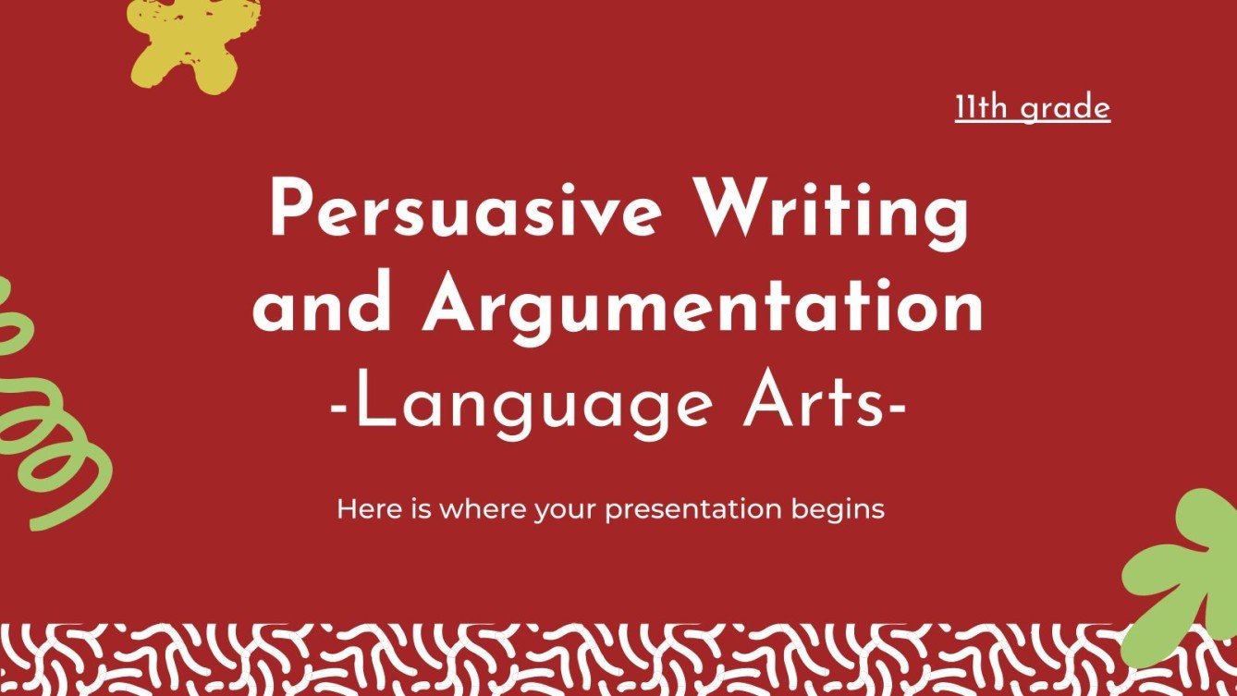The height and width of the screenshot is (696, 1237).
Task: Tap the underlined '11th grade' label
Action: [x=1032, y=108]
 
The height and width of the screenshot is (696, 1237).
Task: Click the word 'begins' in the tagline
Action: [x=840, y=509]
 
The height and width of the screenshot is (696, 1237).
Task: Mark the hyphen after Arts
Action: [x=894, y=407]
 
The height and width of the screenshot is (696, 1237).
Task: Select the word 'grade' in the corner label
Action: [x=1066, y=109]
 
